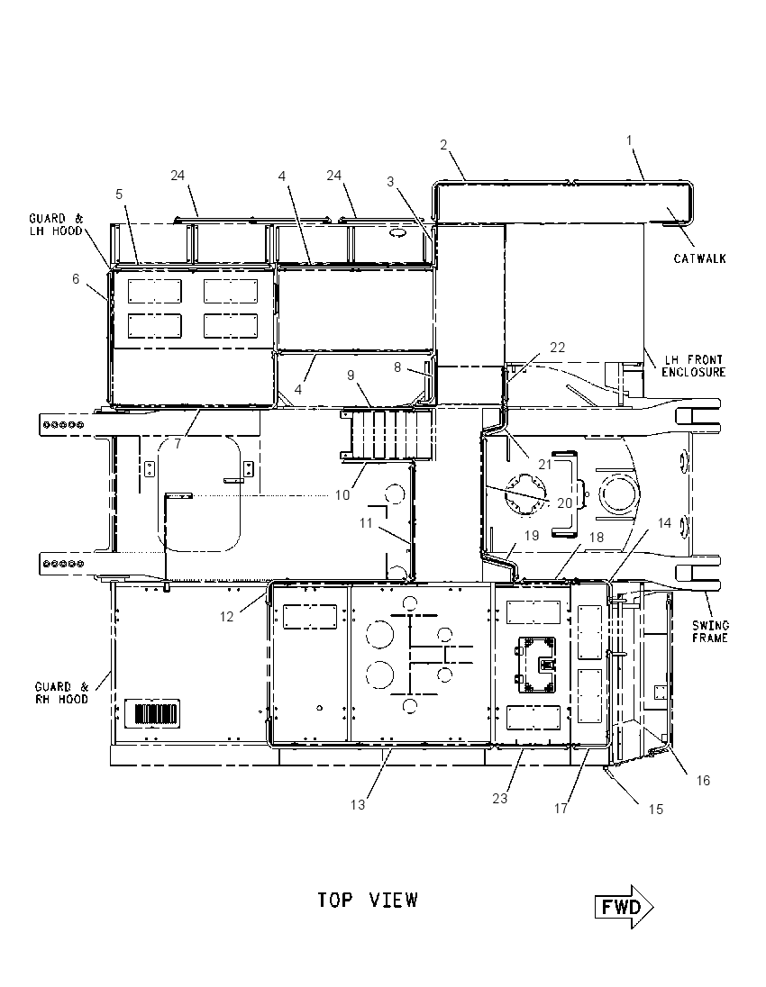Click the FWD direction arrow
(624, 907)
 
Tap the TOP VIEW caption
(368, 901)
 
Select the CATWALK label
(699, 258)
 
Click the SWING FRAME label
(710, 631)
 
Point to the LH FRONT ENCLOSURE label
(693, 366)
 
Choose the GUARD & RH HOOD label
(62, 693)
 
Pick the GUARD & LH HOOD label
(56, 225)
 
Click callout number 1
(629, 141)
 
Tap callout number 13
(357, 804)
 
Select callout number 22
(558, 348)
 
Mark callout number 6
(76, 279)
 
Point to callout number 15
(656, 810)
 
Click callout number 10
(342, 495)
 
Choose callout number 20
(564, 503)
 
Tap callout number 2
(443, 145)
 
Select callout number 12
(227, 617)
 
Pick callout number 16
(703, 781)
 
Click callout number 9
(351, 376)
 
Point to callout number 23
(499, 798)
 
